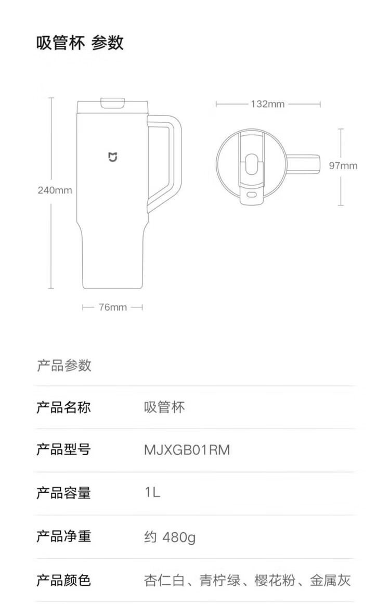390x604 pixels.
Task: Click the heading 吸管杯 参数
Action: click(80, 43)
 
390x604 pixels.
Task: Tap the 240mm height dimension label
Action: click(55, 190)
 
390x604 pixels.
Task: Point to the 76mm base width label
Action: click(112, 307)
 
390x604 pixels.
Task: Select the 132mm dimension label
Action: click(268, 104)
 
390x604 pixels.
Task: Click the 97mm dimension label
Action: click(343, 166)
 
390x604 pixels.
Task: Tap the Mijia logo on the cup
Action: click(113, 157)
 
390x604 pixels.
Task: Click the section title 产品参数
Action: click(64, 365)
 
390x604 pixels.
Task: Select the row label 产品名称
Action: click(63, 407)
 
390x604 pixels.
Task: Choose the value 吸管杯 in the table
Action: click(164, 407)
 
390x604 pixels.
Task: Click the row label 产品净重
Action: click(63, 536)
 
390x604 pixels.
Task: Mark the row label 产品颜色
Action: click(63, 580)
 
